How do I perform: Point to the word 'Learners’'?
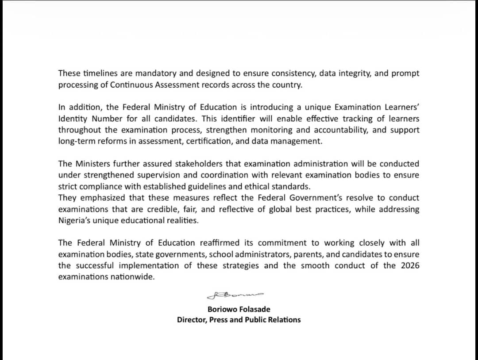coord(401,107)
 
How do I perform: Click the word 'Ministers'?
coord(93,164)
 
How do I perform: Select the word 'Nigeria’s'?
coord(75,221)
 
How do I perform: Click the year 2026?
coord(409,266)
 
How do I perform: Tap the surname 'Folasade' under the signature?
coord(254,309)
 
